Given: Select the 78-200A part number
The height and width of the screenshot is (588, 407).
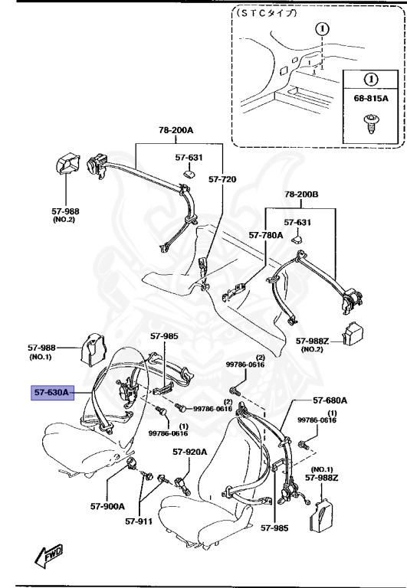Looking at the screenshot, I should pyautogui.click(x=176, y=130).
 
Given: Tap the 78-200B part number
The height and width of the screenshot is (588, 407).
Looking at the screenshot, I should pyautogui.click(x=303, y=194).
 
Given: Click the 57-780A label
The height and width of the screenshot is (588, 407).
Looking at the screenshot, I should pyautogui.click(x=265, y=236).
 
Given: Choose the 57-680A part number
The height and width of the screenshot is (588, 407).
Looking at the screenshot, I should pyautogui.click(x=330, y=400).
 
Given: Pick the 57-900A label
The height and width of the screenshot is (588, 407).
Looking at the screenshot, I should pyautogui.click(x=107, y=506).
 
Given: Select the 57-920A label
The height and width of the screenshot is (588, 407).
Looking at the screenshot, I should pyautogui.click(x=189, y=452).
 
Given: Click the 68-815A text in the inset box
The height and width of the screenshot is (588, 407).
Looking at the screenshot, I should pyautogui.click(x=370, y=99).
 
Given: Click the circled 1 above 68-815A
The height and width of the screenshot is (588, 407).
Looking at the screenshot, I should pyautogui.click(x=370, y=78).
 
